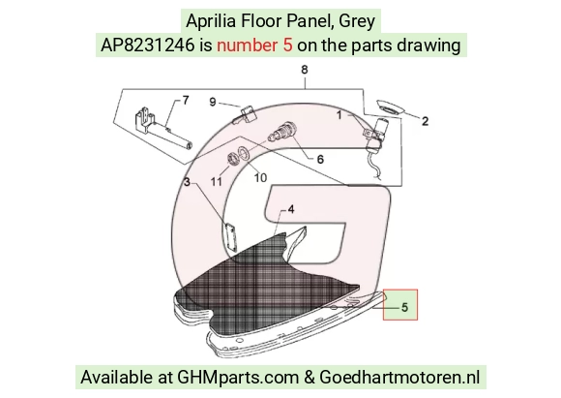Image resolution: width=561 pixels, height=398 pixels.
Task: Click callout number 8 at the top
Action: (304, 70)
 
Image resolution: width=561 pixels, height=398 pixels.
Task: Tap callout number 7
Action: (186, 101)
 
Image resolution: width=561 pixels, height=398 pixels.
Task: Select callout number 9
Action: (213, 102)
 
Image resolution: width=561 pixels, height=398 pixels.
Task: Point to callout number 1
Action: (340, 115)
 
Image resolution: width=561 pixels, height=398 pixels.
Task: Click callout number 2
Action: (425, 121)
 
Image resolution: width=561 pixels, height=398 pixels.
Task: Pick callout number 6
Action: (320, 160)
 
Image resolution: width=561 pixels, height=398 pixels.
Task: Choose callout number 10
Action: (260, 177)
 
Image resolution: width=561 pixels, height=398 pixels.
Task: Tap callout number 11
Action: (216, 182)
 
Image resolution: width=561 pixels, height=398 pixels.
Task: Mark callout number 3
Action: (187, 182)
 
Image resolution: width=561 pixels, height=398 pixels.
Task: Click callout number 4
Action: (291, 209)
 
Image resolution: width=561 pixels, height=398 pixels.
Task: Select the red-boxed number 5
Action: (404, 307)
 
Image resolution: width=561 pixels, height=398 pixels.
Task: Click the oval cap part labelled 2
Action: (390, 107)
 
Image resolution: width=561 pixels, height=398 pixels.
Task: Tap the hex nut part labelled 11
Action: (233, 159)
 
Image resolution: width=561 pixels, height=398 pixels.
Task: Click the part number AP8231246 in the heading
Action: (147, 46)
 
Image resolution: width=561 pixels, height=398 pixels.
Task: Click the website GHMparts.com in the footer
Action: (238, 378)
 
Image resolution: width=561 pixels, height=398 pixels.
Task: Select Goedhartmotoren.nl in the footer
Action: (399, 378)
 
